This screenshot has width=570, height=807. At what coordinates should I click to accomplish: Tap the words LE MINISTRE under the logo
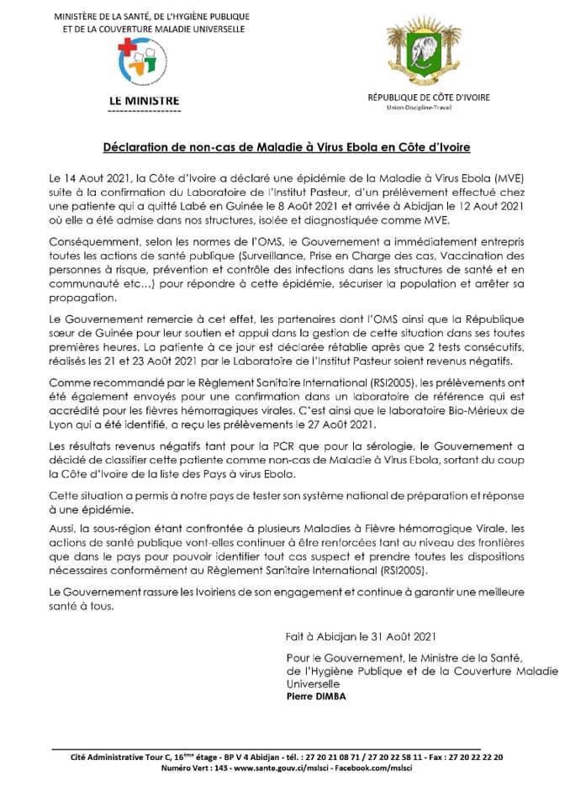[145, 100]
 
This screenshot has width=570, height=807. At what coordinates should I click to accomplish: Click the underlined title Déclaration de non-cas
[286, 145]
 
